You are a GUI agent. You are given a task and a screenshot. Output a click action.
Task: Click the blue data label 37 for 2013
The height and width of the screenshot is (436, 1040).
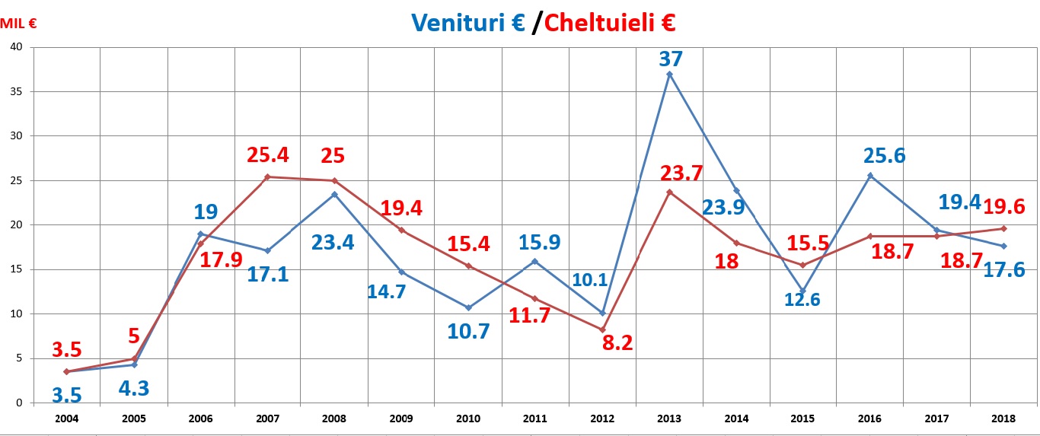click(671, 59)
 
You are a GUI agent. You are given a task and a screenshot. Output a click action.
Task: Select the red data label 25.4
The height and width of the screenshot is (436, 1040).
click(268, 156)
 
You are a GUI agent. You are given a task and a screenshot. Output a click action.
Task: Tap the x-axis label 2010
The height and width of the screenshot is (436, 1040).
click(468, 419)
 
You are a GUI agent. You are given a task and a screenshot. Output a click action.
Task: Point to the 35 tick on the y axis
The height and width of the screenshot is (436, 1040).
click(18, 91)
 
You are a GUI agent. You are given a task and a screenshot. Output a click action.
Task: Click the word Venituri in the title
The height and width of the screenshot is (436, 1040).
click(455, 23)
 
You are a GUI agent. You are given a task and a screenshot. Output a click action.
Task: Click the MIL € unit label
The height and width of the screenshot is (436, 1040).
click(19, 23)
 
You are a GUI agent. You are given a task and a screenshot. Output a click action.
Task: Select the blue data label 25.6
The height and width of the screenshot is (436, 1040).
click(883, 156)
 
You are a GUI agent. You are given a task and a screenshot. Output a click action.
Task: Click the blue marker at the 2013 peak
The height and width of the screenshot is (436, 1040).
click(669, 74)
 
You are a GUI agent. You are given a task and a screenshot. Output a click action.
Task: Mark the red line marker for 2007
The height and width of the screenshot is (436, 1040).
click(268, 177)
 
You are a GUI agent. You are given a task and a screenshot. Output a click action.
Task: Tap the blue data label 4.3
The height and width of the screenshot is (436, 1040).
click(133, 388)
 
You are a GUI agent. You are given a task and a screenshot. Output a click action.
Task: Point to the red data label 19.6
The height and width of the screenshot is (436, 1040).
click(1004, 206)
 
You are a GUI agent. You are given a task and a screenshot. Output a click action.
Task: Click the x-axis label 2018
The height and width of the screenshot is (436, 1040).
click(1003, 419)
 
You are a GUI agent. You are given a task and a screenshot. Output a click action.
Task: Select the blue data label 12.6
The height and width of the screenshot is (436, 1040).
click(802, 299)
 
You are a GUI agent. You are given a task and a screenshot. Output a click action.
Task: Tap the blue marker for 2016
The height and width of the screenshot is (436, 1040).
click(870, 176)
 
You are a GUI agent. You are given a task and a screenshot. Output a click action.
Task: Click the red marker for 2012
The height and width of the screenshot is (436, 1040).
click(602, 329)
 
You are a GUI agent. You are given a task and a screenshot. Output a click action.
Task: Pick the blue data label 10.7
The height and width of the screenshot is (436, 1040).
click(469, 331)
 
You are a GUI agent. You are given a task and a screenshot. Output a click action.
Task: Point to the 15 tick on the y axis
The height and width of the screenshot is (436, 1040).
click(18, 269)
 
